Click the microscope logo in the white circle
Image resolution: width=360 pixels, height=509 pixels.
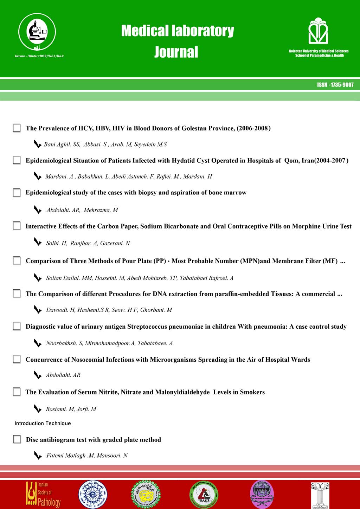[x=37, y=32]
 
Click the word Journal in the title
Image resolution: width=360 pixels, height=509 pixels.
[x=176, y=52]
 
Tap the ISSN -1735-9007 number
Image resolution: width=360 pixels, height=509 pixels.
[x=335, y=85]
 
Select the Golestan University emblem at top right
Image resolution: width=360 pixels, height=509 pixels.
[x=318, y=31]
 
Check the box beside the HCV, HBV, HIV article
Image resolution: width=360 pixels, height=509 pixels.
[x=17, y=128]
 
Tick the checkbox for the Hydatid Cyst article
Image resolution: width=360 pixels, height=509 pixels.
[x=17, y=160]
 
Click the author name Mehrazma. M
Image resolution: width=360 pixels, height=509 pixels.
[x=101, y=210]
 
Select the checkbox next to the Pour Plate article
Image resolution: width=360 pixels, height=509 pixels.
[x=17, y=260]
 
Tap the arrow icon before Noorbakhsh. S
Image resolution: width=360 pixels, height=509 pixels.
[x=37, y=343]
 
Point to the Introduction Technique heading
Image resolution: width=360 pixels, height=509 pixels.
[x=43, y=423]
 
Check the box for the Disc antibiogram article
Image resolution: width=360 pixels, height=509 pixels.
[x=17, y=439]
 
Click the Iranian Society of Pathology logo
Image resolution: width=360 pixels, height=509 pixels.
[x=43, y=494]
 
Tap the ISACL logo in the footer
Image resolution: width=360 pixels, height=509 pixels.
[x=204, y=494]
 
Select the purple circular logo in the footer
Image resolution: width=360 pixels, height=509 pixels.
[x=262, y=494]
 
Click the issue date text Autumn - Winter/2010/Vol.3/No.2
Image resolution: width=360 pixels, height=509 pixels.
[x=39, y=56]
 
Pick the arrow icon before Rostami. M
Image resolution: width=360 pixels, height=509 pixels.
[x=37, y=408]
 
